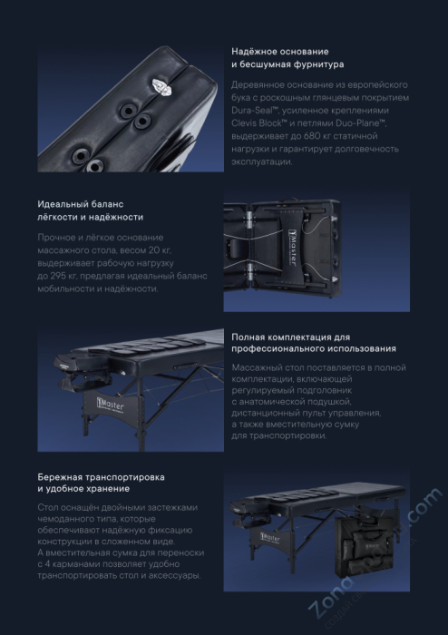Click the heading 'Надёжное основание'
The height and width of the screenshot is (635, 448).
click(x=280, y=52)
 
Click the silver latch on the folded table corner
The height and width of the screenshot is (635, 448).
click(x=162, y=87)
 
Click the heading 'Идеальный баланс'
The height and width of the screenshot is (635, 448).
click(x=81, y=204)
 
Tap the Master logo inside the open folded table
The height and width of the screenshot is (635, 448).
click(x=293, y=248)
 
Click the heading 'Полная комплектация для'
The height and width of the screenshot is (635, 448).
click(x=291, y=337)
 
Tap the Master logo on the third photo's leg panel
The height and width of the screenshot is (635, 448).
click(x=110, y=405)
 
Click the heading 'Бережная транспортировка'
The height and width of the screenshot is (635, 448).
click(x=102, y=477)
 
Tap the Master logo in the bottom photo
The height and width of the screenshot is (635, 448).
click(x=270, y=538)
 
